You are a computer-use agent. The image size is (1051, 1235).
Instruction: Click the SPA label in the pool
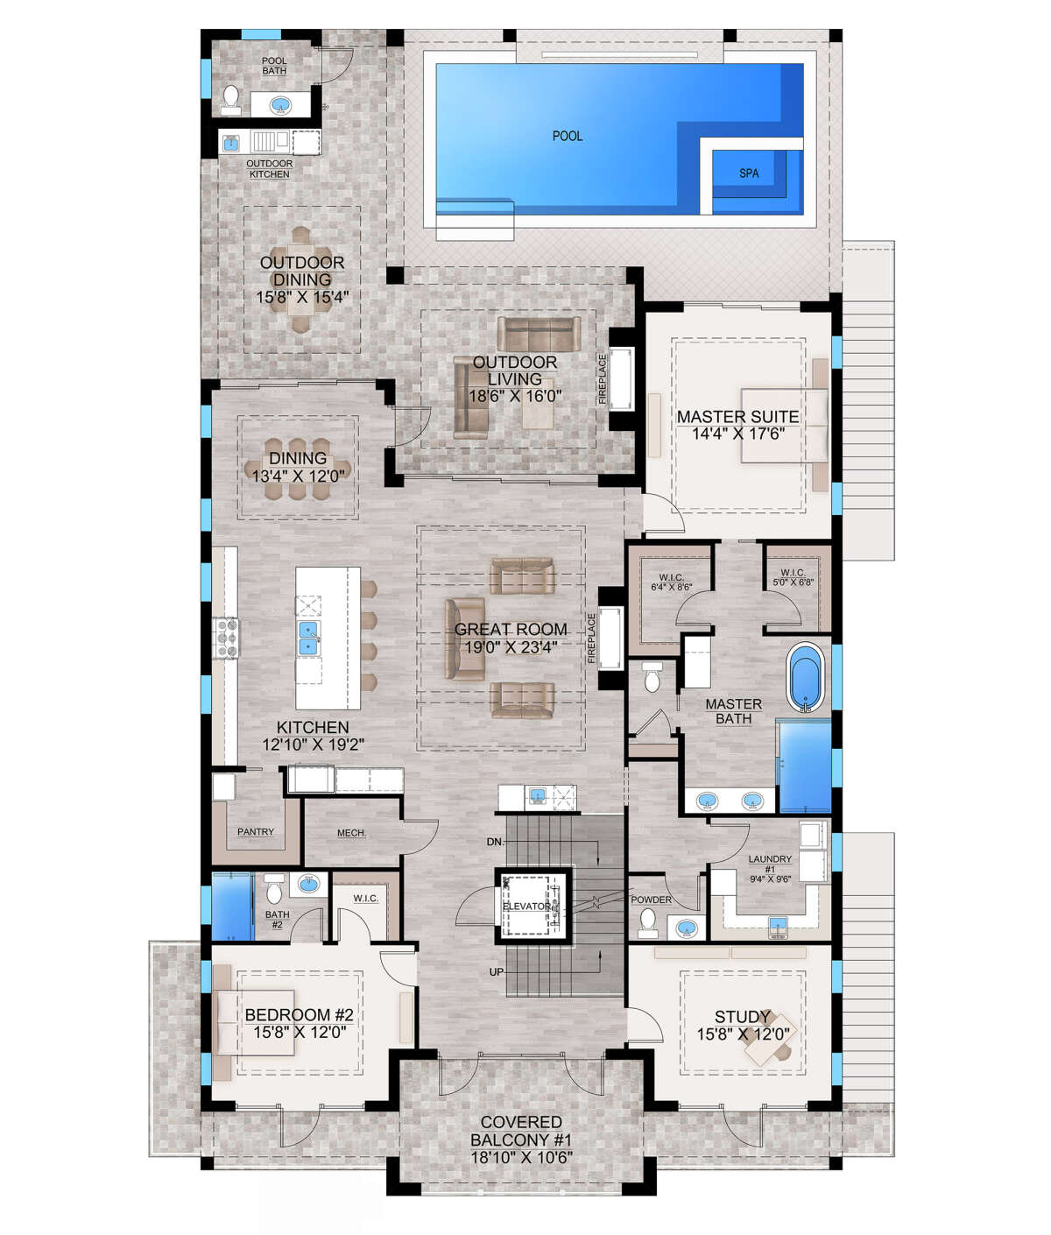tap(748, 173)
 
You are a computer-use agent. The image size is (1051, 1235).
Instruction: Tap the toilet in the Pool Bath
tap(230, 99)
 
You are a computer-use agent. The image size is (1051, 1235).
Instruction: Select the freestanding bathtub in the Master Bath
tap(806, 678)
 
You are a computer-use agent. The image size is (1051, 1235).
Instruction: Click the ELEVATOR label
tap(526, 906)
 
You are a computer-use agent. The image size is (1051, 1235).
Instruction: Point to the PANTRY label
tap(255, 831)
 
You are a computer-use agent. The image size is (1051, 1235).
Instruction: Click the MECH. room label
tap(351, 832)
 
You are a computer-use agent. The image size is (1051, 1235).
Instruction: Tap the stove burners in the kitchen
tap(227, 639)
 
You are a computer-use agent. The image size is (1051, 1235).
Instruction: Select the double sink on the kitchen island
tap(308, 638)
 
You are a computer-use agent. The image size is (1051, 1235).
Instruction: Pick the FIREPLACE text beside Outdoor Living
tap(603, 378)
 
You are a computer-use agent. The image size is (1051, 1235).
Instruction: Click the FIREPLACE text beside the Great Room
tap(591, 639)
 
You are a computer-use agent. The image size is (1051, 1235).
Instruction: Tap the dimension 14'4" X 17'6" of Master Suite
tap(738, 434)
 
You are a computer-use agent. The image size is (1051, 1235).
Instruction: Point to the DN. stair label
tap(496, 841)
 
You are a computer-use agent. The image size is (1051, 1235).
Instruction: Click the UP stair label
tap(496, 972)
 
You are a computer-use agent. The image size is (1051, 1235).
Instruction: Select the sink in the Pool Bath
tap(280, 106)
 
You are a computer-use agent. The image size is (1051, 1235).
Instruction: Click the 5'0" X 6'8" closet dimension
tap(793, 582)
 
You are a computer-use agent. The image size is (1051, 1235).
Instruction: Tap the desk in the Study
tap(767, 1040)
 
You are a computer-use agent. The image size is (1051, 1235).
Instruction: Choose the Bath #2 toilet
tap(273, 890)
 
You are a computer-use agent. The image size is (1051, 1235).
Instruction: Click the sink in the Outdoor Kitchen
tap(230, 143)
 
